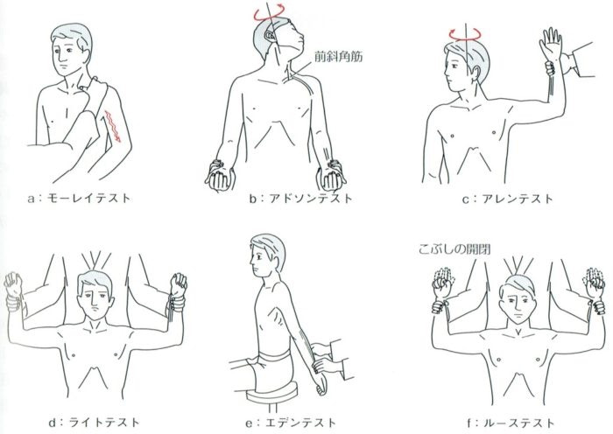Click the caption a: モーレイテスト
click(79, 198)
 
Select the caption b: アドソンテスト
click(301, 199)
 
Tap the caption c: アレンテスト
click(508, 199)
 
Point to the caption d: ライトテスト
click(94, 423)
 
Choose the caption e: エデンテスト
click(291, 423)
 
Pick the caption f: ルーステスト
click(511, 423)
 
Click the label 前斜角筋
click(339, 57)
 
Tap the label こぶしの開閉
click(454, 248)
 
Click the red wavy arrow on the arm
click(113, 127)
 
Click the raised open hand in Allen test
click(551, 44)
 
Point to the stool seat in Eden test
click(272, 393)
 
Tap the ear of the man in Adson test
click(270, 36)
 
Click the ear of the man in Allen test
click(476, 73)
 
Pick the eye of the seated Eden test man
click(257, 255)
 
